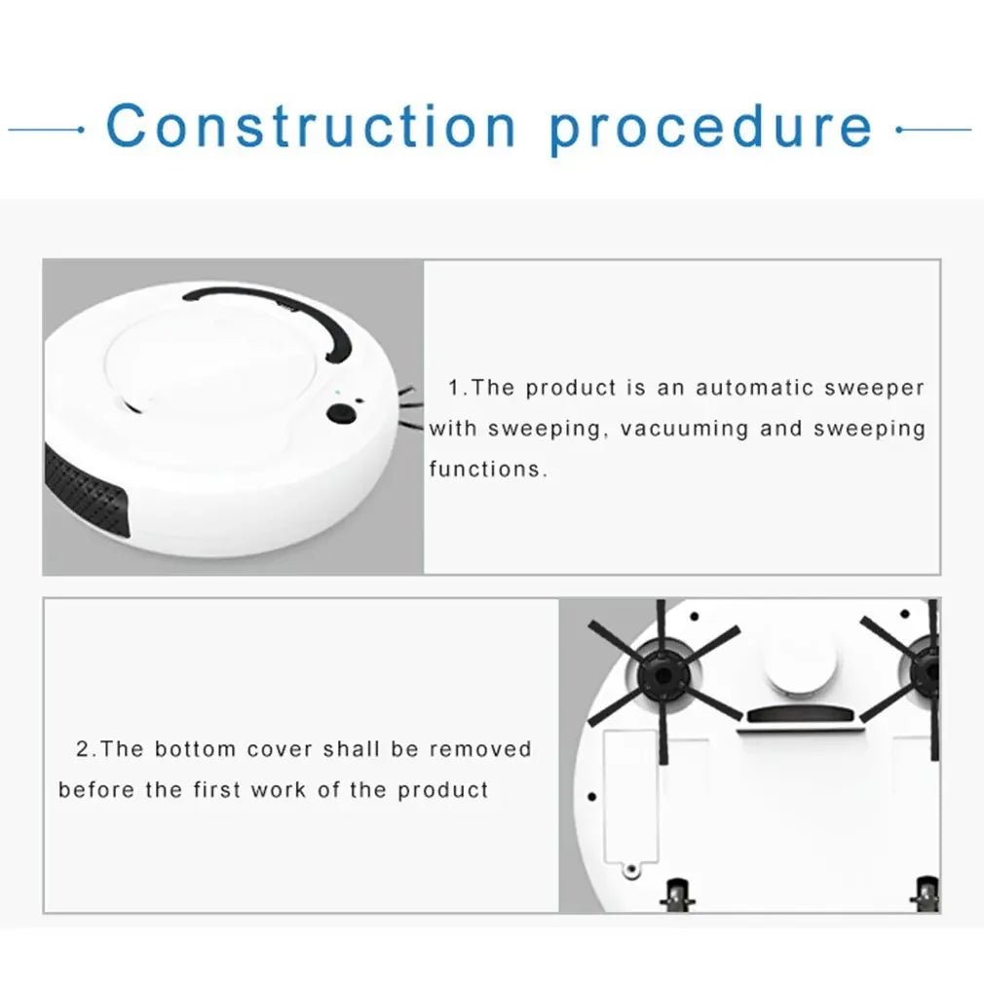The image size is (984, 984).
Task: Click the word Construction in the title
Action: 311,127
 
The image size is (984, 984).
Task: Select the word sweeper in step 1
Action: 875,388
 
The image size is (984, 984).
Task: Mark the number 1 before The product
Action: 454,388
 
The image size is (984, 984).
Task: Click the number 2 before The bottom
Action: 83,749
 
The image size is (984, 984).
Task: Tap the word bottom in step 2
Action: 195,749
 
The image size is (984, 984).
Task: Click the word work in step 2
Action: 278,789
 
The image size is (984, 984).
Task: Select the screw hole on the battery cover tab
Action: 630,866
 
